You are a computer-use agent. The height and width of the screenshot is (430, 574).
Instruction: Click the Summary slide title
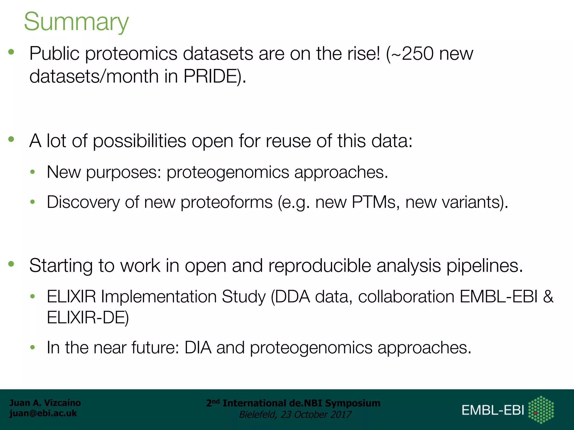76,22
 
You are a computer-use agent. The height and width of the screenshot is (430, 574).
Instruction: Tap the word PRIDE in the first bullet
210,76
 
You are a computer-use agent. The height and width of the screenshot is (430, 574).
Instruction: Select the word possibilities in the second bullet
139,141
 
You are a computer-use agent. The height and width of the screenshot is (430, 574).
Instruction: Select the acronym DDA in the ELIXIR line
293,296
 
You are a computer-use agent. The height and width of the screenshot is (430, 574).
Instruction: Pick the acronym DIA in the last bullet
198,347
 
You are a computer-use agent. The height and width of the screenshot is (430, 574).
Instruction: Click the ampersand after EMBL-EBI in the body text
548,296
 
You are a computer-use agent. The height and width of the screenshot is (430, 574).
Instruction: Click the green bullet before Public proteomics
11,52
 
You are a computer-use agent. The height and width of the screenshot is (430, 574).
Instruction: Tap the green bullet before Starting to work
11,264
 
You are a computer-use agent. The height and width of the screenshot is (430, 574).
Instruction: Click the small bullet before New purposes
33,172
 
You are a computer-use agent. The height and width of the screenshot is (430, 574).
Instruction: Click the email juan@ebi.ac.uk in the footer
43,413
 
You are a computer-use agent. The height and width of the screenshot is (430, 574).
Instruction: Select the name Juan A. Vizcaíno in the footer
45,403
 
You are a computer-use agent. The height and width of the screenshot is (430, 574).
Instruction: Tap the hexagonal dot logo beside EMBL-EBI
541,410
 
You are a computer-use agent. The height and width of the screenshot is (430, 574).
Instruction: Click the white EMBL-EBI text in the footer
493,410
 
